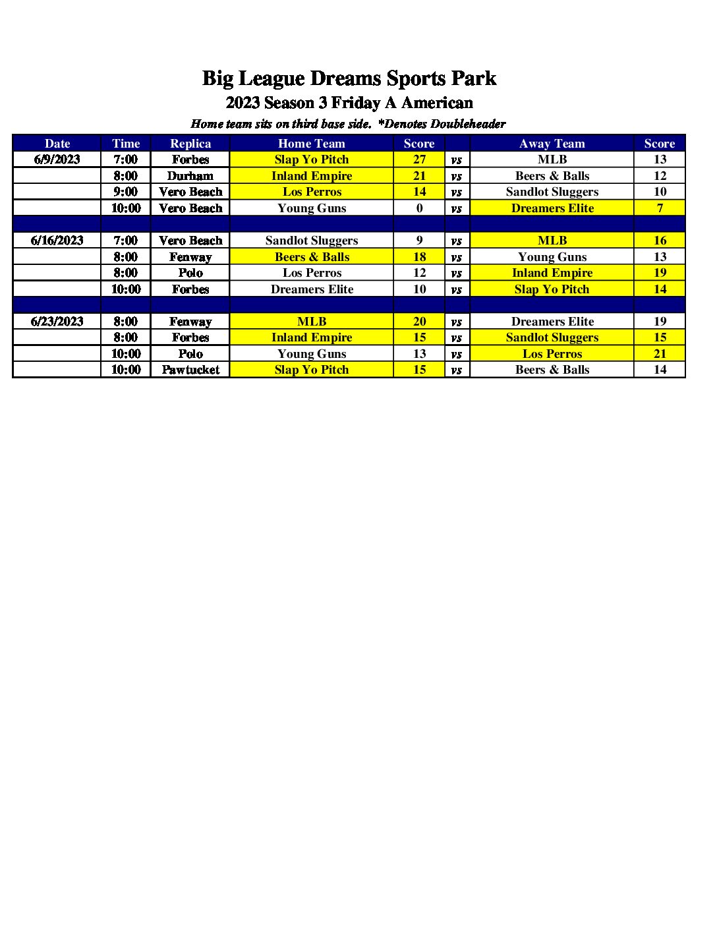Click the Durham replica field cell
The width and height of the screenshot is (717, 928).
click(190, 176)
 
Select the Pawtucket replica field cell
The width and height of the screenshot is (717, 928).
click(190, 370)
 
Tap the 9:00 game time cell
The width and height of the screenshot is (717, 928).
click(125, 192)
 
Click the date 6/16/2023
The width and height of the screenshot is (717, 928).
click(57, 241)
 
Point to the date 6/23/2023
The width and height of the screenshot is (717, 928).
click(57, 322)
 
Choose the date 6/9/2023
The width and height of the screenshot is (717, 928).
click(57, 159)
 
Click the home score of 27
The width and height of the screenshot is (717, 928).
click(419, 159)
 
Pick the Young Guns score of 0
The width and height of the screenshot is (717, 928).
click(419, 208)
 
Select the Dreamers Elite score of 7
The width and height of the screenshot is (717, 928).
click(660, 208)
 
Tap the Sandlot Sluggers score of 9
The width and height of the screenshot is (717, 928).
click(419, 241)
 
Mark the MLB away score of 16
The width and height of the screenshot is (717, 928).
click(660, 241)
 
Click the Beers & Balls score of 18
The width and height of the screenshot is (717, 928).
click(419, 257)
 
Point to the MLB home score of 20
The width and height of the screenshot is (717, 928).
click(419, 322)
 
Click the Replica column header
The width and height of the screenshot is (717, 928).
click(190, 144)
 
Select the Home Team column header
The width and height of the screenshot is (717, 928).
click(312, 144)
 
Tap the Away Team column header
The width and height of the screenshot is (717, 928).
click(552, 144)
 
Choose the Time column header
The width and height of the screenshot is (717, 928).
click(126, 144)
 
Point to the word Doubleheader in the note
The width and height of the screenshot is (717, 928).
click(468, 124)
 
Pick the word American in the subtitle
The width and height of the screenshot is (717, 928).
click(437, 103)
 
